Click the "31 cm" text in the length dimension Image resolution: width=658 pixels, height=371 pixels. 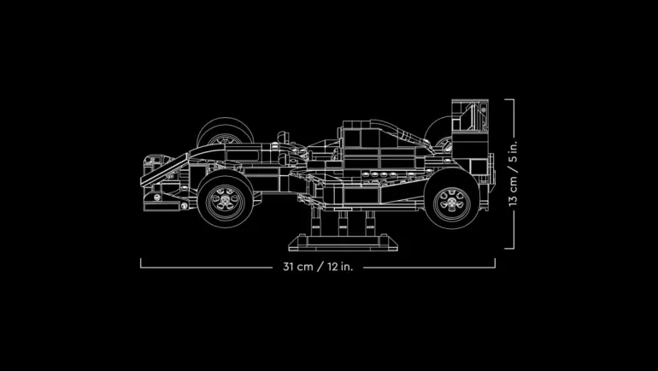(297, 267)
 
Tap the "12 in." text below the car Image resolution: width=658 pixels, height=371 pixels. (340, 267)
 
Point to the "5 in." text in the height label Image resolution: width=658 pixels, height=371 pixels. (513, 152)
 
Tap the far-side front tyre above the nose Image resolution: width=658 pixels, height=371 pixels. (225, 130)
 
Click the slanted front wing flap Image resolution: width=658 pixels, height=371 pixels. (164, 170)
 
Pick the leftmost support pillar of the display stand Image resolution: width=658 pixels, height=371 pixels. (316, 221)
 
